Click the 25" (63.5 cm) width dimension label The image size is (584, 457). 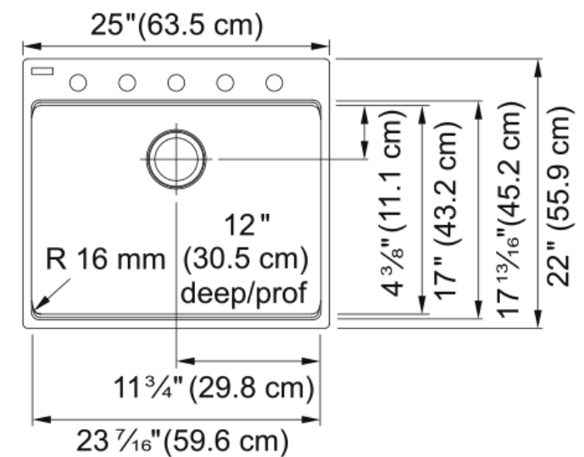pyautogui.click(x=176, y=25)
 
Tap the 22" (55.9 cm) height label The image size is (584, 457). pyautogui.click(x=558, y=196)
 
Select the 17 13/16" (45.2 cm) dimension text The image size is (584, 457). pyautogui.click(x=511, y=210)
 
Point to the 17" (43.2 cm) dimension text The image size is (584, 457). pyautogui.click(x=448, y=211)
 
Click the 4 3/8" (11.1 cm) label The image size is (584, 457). pyautogui.click(x=392, y=202)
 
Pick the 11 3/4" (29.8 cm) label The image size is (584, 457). pyautogui.click(x=214, y=388)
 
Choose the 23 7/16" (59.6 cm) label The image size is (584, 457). pyautogui.click(x=182, y=441)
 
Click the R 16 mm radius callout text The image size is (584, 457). pyautogui.click(x=105, y=259)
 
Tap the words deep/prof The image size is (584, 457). pyautogui.click(x=244, y=294)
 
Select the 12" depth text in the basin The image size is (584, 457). pyautogui.click(x=247, y=224)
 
